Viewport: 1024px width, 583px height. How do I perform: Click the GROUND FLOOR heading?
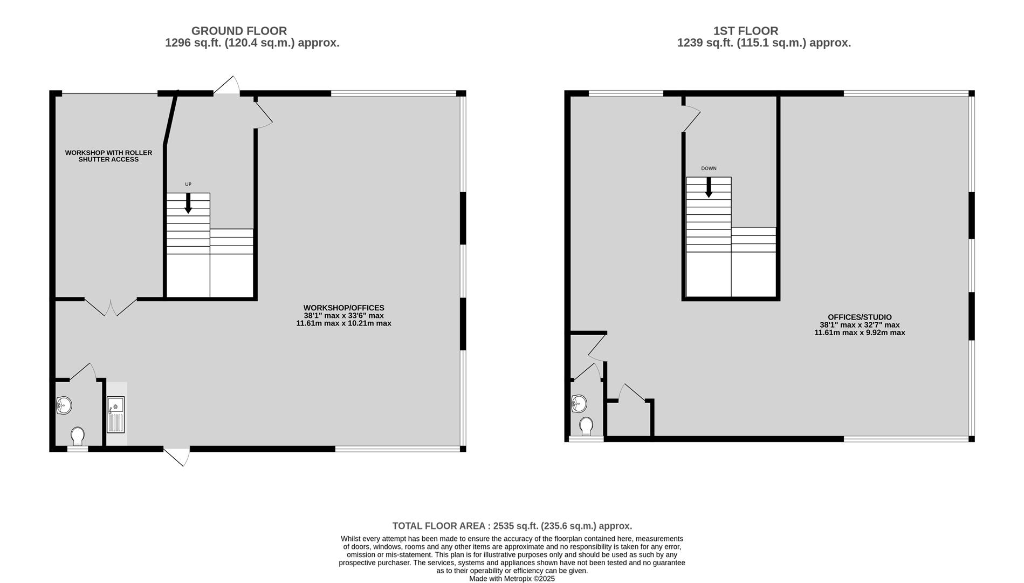(239, 31)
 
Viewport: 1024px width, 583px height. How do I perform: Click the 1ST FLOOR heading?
(746, 31)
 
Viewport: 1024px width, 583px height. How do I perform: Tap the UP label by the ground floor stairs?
(188, 185)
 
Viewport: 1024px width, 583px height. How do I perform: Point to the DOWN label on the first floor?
(709, 168)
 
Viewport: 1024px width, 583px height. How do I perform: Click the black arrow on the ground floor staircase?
(188, 204)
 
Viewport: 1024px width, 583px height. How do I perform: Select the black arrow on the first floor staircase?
(709, 187)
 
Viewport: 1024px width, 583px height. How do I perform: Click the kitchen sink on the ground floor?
(115, 415)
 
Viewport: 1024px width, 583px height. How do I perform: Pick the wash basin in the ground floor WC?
(64, 405)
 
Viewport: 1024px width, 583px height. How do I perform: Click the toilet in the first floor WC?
(586, 426)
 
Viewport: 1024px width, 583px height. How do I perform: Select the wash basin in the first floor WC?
(579, 403)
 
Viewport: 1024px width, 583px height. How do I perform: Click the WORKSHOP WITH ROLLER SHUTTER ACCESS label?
(108, 156)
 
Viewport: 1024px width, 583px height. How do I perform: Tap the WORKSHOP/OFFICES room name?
(343, 308)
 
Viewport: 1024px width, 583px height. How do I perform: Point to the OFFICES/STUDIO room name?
(860, 317)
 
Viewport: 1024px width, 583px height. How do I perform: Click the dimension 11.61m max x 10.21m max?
(343, 323)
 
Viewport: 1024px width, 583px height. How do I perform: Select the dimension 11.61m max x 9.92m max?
(860, 333)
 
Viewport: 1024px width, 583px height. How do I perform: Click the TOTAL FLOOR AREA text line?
(512, 526)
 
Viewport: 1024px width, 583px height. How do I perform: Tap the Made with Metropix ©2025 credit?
(512, 579)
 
